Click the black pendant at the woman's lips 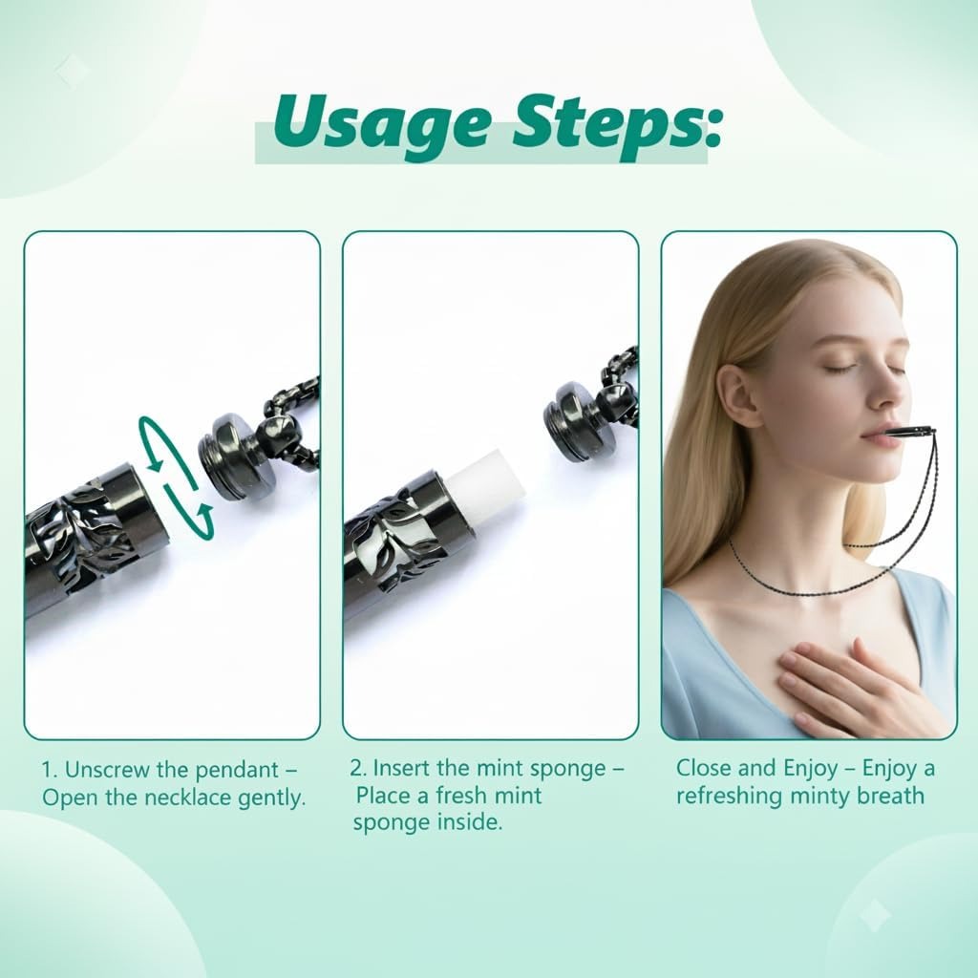pyautogui.click(x=907, y=432)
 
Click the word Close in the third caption pyautogui.click(x=705, y=768)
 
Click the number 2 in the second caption pyautogui.click(x=356, y=768)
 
